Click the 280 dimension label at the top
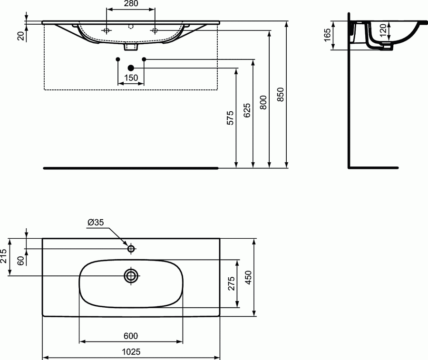point(131,4)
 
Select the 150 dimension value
point(131,78)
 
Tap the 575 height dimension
point(231,118)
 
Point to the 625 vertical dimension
point(247,111)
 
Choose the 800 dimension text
point(263,102)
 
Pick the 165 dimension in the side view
point(328,35)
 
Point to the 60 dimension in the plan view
point(20,261)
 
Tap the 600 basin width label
point(131,336)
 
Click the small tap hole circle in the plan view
point(131,248)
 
